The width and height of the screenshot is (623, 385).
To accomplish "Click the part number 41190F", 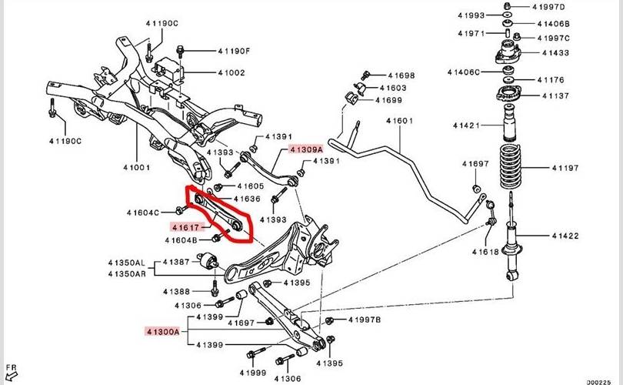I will click(235, 52).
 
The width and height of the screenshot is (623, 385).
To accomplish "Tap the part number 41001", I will click(137, 166).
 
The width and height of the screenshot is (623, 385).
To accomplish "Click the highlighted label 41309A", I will click(306, 149).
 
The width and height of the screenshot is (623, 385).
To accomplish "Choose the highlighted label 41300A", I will click(162, 332).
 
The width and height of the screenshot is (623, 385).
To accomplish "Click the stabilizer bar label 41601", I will click(399, 121).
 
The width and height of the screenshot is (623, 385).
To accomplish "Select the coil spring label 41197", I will click(567, 166).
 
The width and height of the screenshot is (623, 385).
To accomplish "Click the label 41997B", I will click(365, 320).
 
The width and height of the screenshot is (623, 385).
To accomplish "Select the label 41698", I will click(400, 76).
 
